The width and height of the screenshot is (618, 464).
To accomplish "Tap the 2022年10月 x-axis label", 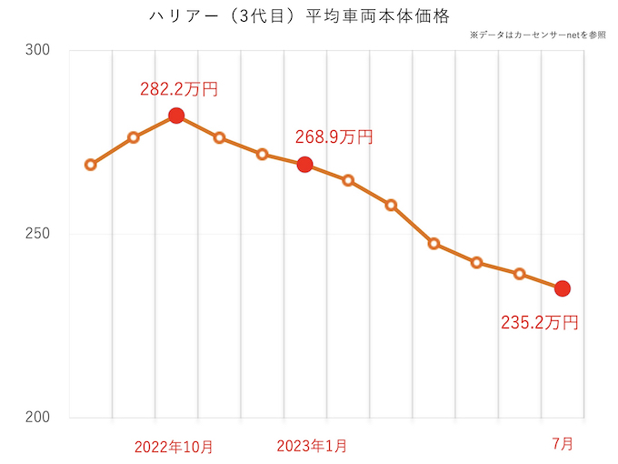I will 174,446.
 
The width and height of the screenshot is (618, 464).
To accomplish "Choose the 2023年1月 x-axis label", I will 311,446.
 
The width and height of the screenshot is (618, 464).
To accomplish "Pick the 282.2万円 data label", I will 179,89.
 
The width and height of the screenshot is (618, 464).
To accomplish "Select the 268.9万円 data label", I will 334,137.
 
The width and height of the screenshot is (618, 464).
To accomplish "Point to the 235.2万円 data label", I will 540,321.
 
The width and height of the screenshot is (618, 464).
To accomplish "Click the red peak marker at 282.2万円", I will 176,116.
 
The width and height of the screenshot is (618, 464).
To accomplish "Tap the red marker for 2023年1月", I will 305,164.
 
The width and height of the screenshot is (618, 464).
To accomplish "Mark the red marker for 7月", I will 563,288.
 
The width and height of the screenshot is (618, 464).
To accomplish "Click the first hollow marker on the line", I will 91,165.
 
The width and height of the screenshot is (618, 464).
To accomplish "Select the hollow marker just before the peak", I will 134,137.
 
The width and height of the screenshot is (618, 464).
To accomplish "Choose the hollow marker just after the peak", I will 219,137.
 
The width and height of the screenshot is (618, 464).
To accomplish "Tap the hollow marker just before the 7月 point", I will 520,274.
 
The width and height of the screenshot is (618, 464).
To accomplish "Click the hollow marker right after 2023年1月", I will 348,180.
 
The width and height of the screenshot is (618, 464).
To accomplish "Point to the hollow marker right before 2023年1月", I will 262,154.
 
